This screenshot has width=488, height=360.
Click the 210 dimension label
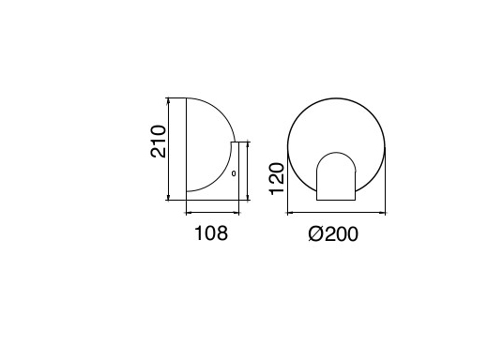click(159, 142)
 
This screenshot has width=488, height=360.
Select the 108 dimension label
click(211, 233)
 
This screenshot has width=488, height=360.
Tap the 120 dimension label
click(277, 178)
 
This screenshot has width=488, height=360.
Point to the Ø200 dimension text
click(333, 233)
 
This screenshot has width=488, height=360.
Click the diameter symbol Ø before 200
click(315, 233)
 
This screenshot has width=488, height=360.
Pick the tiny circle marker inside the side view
click(234, 173)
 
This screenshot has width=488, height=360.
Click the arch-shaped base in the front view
click(336, 176)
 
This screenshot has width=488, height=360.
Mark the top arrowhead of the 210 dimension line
click(168, 100)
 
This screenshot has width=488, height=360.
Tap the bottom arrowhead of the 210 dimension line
click(168, 197)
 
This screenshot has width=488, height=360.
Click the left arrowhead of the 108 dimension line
click(190, 213)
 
